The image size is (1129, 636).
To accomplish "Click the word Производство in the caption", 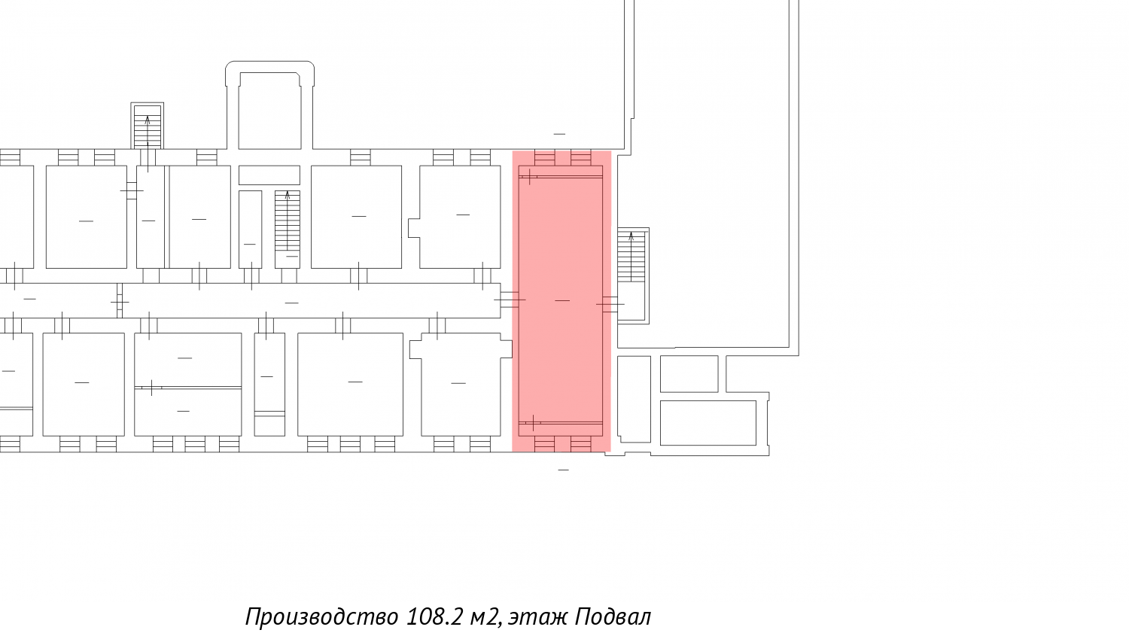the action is [x=321, y=617].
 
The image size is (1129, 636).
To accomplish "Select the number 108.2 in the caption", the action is [x=434, y=616].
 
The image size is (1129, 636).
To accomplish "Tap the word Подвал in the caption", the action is [x=613, y=617].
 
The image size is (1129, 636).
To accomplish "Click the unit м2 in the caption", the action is [x=485, y=617].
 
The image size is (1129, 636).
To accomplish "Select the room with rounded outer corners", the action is [x=269, y=106].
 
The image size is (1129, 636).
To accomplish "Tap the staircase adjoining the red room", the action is [x=631, y=257].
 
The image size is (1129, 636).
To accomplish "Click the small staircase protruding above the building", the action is [x=148, y=126].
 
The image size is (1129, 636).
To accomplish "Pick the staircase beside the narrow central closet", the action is [x=288, y=230].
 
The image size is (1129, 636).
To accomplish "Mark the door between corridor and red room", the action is [x=510, y=300].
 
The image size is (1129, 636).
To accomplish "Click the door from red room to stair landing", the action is [x=610, y=304].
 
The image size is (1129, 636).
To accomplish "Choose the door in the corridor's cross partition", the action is [x=120, y=302].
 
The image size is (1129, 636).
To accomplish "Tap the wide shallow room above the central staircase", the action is [x=269, y=175].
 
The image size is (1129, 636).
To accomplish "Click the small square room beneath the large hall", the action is [x=689, y=374].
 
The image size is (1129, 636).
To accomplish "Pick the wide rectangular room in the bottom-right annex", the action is [x=708, y=423].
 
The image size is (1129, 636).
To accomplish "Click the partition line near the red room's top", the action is [x=561, y=176].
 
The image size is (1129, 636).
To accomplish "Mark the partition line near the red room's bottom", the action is [x=561, y=423].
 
